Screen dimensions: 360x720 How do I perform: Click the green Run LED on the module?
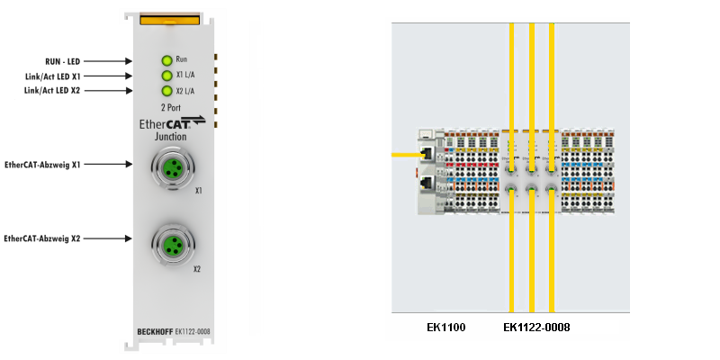point(166,60)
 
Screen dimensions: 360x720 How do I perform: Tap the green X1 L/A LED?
point(166,76)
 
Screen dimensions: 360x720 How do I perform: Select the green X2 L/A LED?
point(166,91)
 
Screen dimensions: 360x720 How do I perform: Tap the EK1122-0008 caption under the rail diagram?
point(536,327)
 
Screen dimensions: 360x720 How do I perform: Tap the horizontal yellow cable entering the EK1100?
point(405,155)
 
